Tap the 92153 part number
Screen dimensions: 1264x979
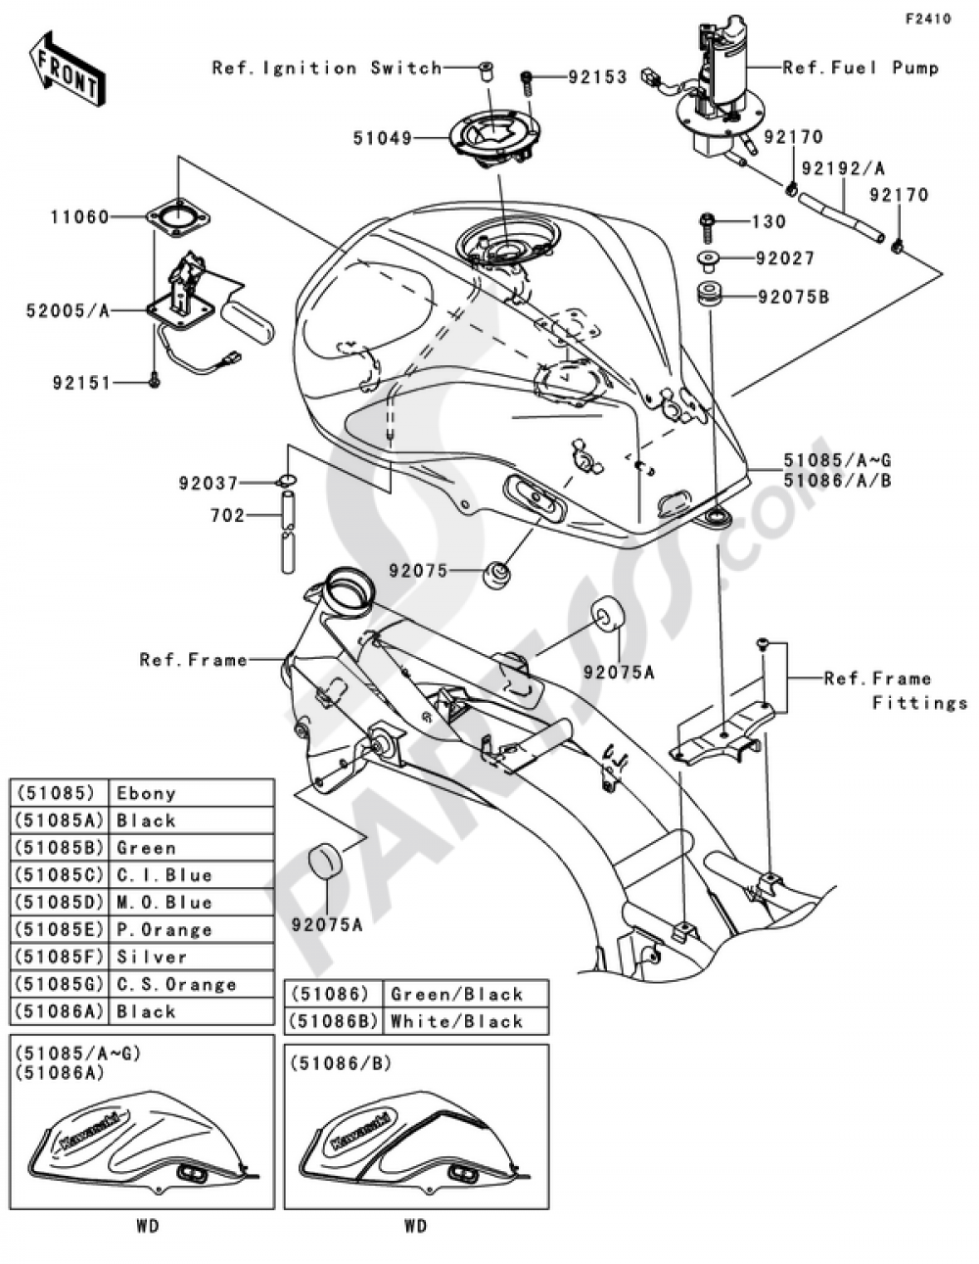click(597, 76)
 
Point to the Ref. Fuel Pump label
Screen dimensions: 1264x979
click(861, 68)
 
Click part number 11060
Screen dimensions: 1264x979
click(79, 217)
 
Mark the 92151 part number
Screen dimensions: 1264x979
click(83, 382)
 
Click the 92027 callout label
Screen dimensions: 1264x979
click(785, 258)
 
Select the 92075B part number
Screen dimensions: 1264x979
click(792, 295)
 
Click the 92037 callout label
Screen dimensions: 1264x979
click(209, 483)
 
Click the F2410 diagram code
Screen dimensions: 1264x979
click(927, 19)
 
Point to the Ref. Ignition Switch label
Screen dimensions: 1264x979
click(327, 68)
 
